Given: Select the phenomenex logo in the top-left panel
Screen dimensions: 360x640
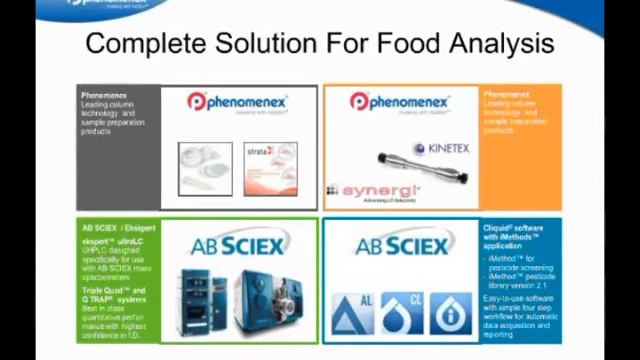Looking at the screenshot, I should point(238,103).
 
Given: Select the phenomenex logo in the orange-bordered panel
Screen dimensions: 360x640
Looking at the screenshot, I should point(401,103).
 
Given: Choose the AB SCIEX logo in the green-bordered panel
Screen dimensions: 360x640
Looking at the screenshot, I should point(238,244).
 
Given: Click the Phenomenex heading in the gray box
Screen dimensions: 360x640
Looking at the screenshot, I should point(102,95).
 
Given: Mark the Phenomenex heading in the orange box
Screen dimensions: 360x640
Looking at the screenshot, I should point(506,95).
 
